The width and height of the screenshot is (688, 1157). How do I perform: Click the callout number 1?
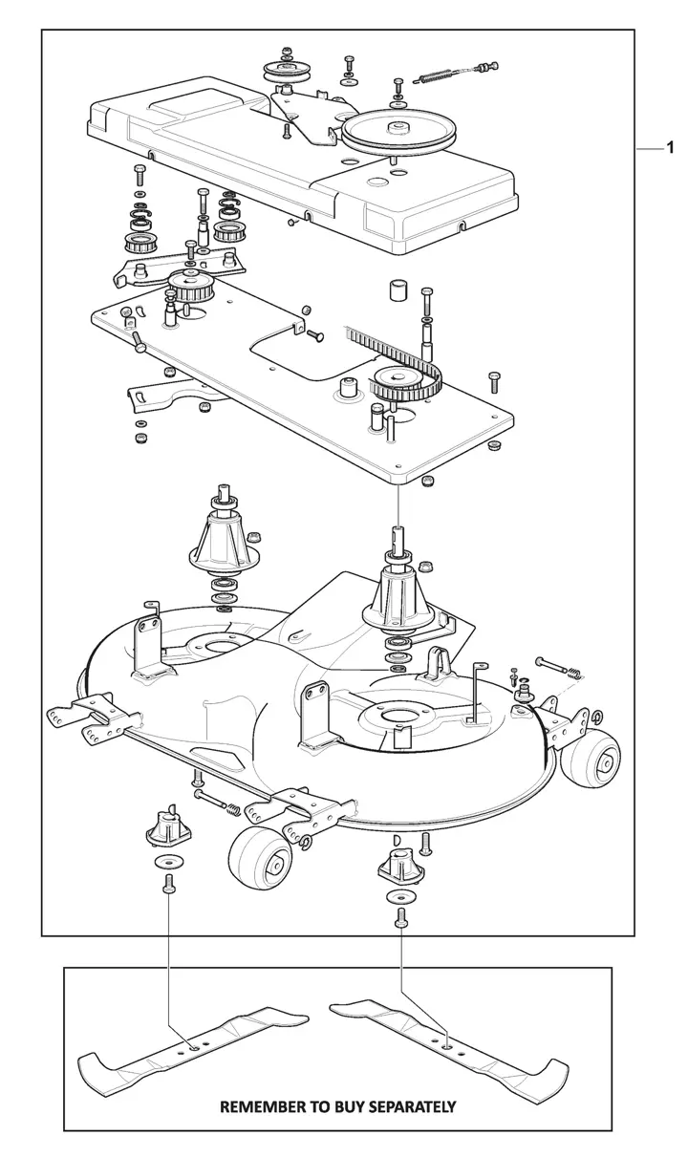coord(671,148)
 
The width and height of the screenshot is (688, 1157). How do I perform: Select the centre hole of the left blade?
coord(195,1048)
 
